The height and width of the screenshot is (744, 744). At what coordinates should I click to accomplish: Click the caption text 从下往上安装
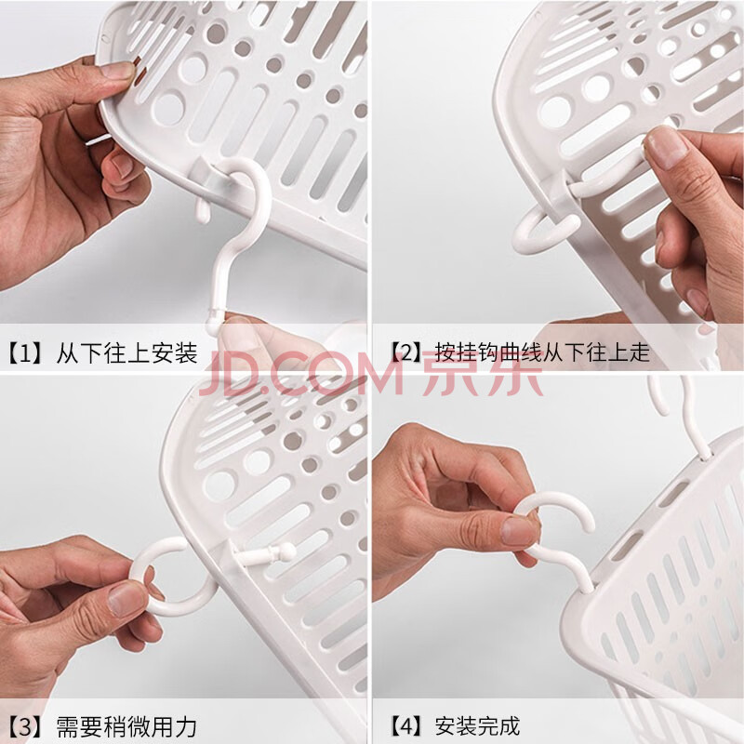127,353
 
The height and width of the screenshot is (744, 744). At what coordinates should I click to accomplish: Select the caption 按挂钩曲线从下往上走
542,352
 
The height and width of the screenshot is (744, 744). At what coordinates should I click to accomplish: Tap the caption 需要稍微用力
126,726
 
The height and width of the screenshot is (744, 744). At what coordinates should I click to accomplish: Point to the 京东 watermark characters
482,373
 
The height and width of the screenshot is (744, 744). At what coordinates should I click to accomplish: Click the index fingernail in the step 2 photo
666,148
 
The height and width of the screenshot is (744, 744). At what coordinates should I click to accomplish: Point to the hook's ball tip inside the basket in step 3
286,551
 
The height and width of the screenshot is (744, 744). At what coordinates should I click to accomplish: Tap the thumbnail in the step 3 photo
125,599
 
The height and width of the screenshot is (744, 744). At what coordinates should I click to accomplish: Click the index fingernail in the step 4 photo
518,530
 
